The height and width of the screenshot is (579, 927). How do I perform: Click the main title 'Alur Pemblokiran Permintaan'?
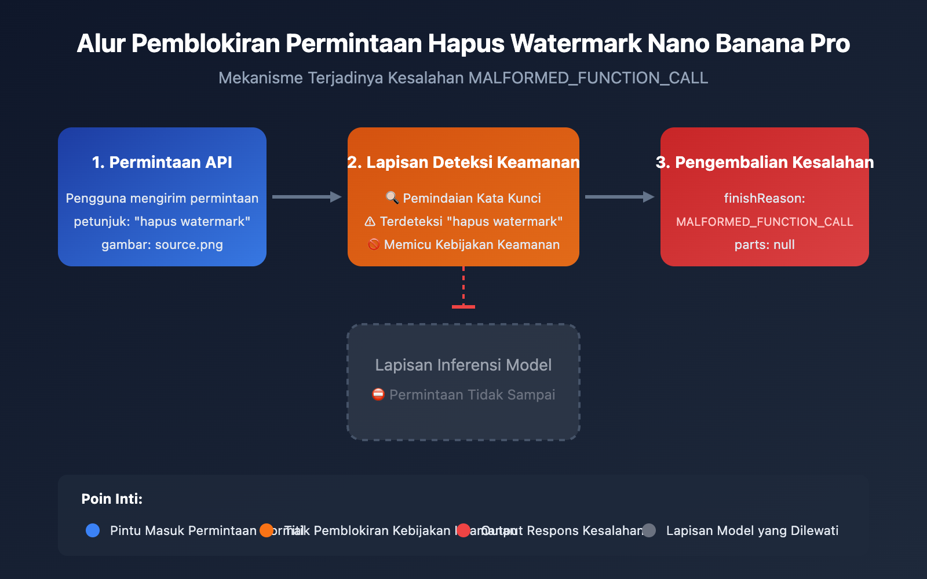point(463,43)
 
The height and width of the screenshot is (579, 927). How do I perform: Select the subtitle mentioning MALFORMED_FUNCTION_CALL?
point(463,78)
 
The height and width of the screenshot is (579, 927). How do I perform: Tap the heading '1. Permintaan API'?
point(162,162)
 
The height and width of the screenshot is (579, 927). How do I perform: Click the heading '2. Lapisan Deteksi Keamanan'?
point(463,162)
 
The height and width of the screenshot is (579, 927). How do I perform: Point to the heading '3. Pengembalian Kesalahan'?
point(765,162)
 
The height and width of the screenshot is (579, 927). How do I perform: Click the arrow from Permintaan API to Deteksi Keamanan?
point(306,197)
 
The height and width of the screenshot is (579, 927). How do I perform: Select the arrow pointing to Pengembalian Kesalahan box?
point(619,197)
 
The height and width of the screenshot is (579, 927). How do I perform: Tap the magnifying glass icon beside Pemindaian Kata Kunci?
point(392,198)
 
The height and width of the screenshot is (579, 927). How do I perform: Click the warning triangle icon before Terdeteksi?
point(370,221)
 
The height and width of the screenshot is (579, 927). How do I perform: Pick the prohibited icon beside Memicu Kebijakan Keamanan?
point(374,244)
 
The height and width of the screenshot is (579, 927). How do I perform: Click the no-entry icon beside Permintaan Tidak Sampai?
point(378,395)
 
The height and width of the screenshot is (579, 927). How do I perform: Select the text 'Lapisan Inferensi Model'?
point(463,365)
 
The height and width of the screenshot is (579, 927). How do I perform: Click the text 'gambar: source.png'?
point(162,244)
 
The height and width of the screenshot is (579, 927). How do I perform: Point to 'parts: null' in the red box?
point(765,244)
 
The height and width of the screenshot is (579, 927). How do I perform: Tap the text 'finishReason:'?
point(765,198)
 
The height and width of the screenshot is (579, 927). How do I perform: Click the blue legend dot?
point(93,530)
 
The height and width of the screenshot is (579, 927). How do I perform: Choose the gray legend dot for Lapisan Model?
point(649,530)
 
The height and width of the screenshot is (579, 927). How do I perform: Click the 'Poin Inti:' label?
point(112,499)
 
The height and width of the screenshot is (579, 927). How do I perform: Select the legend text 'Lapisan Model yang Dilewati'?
point(752,530)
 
